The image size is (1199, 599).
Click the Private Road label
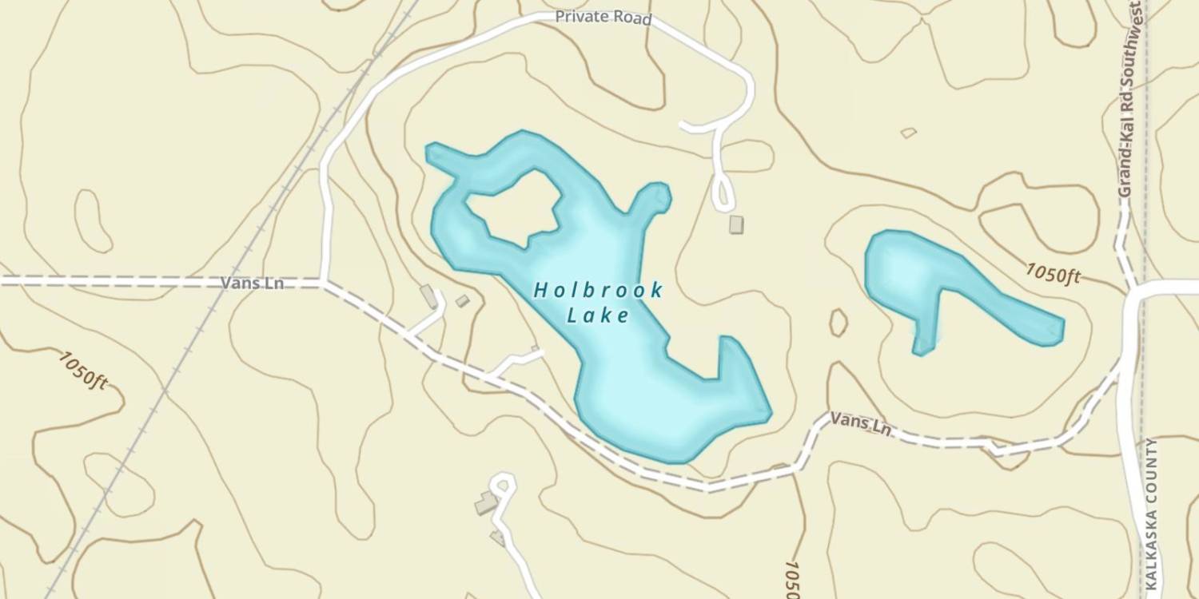[603, 18]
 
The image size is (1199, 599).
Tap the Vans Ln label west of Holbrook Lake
[252, 283]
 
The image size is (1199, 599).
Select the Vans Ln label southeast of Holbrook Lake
[860, 423]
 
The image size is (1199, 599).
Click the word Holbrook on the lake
[598, 290]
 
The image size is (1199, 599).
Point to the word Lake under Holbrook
[598, 315]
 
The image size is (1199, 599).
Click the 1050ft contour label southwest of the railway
[82, 369]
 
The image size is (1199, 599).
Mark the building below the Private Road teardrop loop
[736, 224]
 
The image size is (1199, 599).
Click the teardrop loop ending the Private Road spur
[724, 194]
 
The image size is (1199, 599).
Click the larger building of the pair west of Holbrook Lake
[429, 296]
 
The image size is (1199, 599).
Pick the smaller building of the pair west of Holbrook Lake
[462, 301]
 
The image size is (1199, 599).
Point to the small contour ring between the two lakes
[838, 323]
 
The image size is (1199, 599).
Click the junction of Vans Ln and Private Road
[323, 282]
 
